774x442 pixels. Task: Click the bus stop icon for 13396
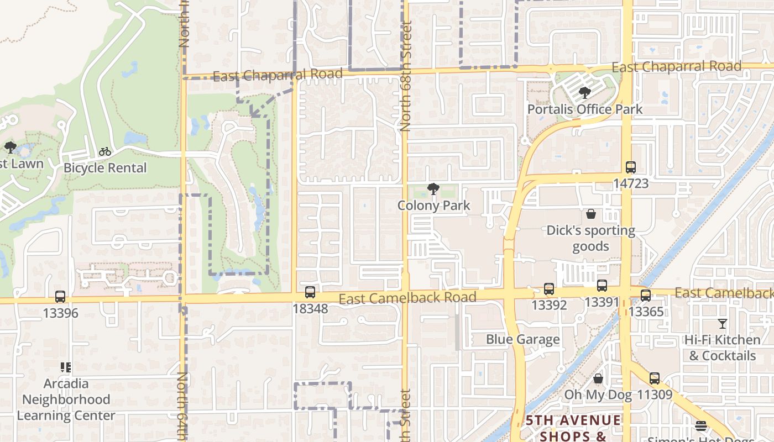(60, 297)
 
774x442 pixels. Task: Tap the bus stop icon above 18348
(310, 292)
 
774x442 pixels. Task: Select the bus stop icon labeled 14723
(631, 167)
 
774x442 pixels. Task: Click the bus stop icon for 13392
(549, 288)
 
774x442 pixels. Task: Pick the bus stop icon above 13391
(602, 286)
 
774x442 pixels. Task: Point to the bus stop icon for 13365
(646, 295)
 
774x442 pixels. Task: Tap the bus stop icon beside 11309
(655, 378)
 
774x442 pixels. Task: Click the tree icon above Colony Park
(433, 190)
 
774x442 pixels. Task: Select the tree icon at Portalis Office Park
(584, 93)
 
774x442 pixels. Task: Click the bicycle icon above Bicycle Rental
(105, 151)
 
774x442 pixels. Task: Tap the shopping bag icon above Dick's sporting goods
(591, 214)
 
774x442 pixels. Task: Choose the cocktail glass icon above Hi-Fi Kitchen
(722, 324)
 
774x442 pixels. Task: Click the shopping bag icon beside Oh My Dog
(598, 378)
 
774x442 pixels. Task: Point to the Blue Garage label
(522, 339)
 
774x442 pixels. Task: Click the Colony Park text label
(433, 206)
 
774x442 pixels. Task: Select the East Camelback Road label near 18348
(407, 298)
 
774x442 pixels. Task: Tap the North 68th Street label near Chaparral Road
(406, 76)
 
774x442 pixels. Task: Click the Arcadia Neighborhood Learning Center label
(66, 399)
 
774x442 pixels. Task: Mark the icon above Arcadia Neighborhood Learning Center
(66, 367)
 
